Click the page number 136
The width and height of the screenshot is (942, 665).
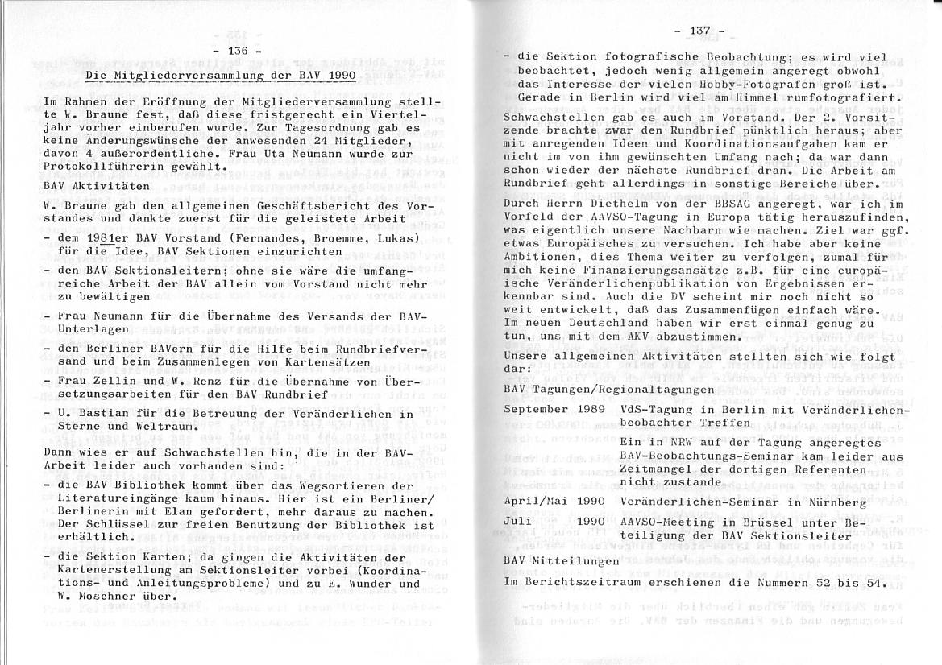239,52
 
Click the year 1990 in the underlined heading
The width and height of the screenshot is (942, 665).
345,76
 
